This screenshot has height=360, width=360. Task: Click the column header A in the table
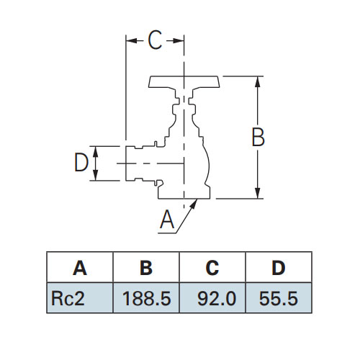[x=80, y=267]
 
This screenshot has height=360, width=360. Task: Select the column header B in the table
[x=146, y=267]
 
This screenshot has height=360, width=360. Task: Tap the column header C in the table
[x=212, y=267]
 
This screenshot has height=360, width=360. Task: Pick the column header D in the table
[x=279, y=267]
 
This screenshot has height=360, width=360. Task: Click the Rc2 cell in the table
[x=80, y=298]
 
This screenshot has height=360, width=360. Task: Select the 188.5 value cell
[x=146, y=298]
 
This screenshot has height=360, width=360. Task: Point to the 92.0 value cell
[x=212, y=298]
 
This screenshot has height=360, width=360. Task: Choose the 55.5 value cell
[x=279, y=298]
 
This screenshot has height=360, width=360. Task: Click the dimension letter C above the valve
[x=155, y=40]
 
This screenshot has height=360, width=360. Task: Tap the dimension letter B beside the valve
[x=258, y=137]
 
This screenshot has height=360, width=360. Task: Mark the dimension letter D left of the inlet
[x=81, y=163]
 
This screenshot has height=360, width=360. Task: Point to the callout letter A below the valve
[x=167, y=219]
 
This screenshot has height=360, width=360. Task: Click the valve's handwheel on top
[x=184, y=83]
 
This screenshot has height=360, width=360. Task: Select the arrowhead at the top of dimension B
[x=258, y=82]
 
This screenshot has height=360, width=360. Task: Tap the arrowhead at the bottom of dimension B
[x=258, y=193]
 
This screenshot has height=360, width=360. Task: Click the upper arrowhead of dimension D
[x=96, y=152]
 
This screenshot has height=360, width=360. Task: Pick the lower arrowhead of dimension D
[x=96, y=175]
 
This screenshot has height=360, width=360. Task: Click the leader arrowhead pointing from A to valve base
[x=194, y=203]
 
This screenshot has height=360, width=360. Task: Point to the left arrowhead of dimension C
[x=132, y=40]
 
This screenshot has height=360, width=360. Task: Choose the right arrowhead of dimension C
[x=178, y=40]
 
